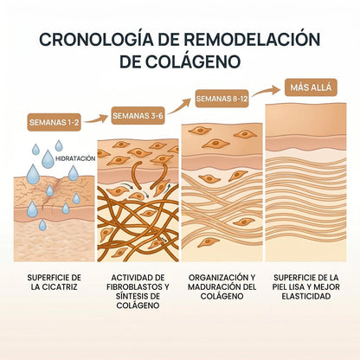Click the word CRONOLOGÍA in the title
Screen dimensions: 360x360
[96, 39]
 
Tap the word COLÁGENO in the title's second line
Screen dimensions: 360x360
[192, 61]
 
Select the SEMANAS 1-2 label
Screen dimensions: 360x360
[54, 122]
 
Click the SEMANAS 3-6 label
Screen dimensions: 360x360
[138, 116]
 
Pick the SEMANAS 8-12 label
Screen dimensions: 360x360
[222, 99]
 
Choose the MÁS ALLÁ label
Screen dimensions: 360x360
[311, 87]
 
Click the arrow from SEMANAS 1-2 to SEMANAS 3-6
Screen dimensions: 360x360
[96, 119]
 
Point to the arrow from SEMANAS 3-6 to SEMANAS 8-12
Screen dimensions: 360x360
[179, 106]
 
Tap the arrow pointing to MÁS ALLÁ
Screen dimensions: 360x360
[266, 91]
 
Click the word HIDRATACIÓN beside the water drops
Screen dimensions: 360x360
[75, 158]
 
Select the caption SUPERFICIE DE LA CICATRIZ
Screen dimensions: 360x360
[55, 282]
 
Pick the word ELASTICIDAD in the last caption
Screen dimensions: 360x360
[306, 296]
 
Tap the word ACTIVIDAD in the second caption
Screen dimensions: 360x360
[129, 278]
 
